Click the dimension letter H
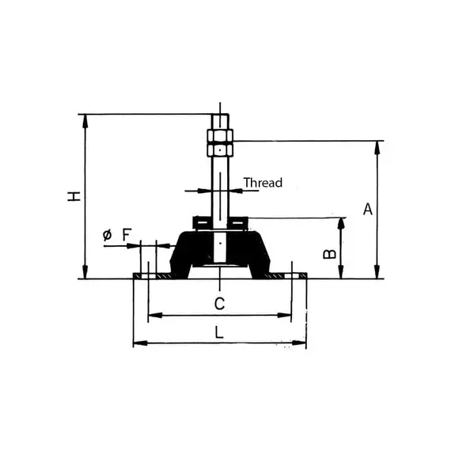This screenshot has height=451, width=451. (x=74, y=196)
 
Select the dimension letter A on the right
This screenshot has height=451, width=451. (x=366, y=209)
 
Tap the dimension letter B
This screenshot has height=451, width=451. (x=331, y=255)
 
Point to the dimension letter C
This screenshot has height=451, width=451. (x=221, y=303)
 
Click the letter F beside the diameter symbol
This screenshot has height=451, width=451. (x=127, y=234)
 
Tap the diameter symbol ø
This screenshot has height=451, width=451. (x=107, y=235)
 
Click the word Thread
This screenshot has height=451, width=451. (x=262, y=183)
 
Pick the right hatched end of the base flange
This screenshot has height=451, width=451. (x=299, y=276)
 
